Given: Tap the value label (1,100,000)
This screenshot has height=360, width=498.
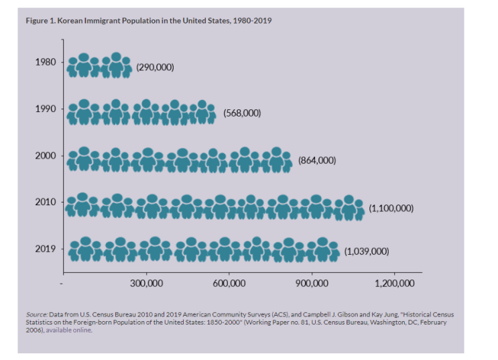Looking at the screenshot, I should pos(391,208).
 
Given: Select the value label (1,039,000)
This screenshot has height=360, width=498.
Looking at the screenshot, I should pos(366,251).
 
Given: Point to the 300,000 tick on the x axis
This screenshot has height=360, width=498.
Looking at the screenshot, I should pos(146,284).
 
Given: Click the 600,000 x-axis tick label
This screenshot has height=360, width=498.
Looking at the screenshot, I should pos(229,284).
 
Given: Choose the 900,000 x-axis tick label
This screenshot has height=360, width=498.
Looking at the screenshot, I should pos(312,284).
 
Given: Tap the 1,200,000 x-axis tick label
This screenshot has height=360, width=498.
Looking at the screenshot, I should pos(394,284).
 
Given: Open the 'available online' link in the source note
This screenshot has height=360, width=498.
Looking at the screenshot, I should pos(69,330).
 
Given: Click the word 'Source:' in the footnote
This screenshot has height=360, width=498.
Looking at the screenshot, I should pos(36,314).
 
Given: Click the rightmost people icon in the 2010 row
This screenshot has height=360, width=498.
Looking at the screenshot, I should pos(349,207).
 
